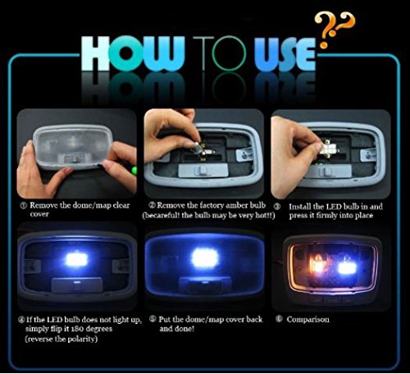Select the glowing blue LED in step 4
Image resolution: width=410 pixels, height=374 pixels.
[x=77, y=261]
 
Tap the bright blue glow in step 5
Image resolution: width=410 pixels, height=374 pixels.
[x=204, y=259]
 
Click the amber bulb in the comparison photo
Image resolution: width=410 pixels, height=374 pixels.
[x=317, y=265]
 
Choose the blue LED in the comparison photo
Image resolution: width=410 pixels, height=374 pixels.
[x=346, y=266]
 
